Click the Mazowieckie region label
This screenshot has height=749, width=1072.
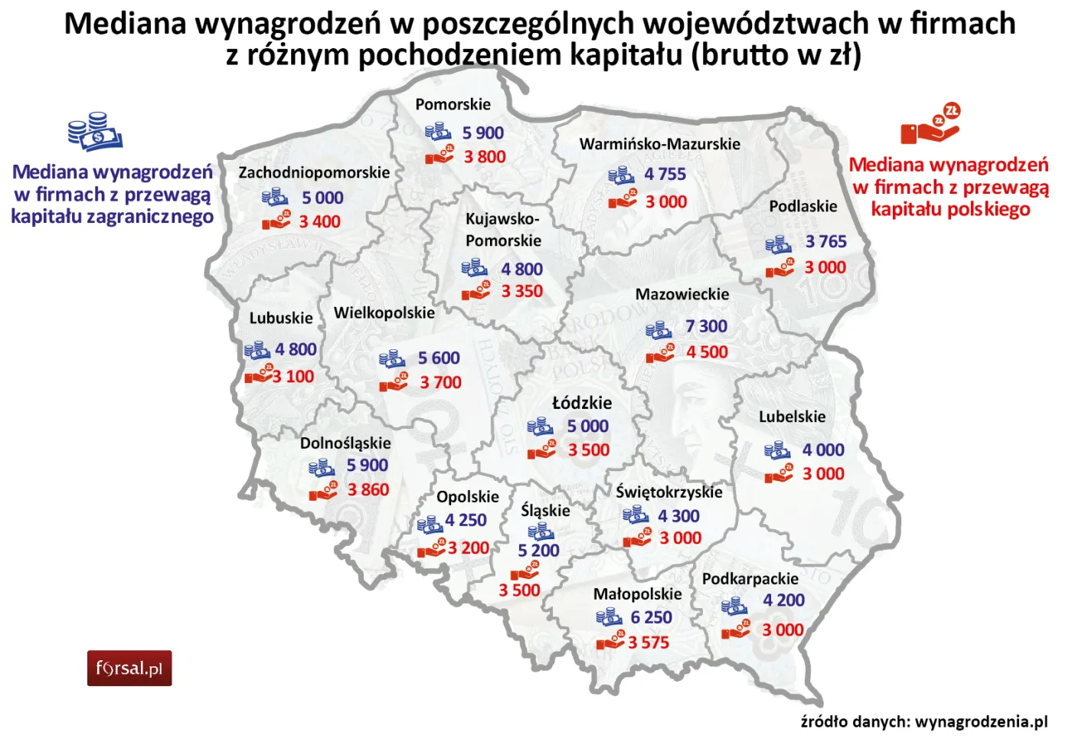pos(681,294)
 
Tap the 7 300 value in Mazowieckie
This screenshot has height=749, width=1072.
pos(706,326)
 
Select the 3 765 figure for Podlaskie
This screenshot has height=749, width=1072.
pos(825,242)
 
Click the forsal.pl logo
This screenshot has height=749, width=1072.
pos(129,668)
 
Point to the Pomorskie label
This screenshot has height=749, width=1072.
pos(453,104)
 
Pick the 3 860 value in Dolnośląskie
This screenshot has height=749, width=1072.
pos(368,489)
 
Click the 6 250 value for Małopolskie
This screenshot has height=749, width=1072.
pos(651,617)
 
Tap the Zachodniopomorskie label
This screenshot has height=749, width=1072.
pos(314,172)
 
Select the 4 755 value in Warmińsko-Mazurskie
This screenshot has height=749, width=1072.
pos(665,175)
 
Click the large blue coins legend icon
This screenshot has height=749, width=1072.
pos(95,132)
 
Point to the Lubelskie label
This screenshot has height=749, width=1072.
pos(792,417)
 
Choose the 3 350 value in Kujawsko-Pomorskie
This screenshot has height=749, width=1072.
pos(521,292)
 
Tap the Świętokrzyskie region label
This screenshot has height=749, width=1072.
pos(668,492)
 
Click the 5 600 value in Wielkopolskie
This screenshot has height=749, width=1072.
pos(439,358)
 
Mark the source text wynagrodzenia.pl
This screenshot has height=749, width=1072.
pos(981,721)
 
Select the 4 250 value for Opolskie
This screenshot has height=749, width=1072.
pos(466,520)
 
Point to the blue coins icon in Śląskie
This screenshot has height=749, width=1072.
pos(541,531)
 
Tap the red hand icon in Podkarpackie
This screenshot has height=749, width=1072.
pos(736,631)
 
